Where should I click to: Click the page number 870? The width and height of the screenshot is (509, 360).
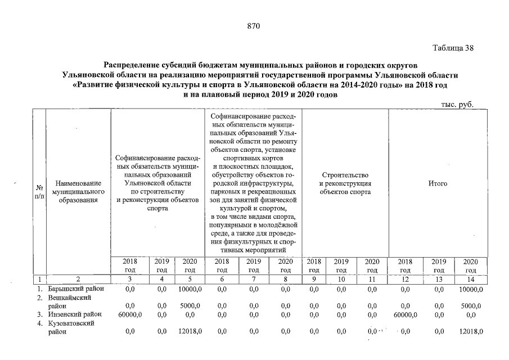(x=254, y=26)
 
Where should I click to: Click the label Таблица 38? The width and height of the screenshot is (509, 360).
(x=453, y=48)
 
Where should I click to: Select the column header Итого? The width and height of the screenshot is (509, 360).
(x=438, y=183)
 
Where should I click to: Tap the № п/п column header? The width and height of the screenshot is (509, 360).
(x=39, y=191)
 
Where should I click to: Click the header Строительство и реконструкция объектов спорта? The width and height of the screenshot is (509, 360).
(x=345, y=183)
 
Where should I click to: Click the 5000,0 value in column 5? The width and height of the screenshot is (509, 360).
(x=191, y=305)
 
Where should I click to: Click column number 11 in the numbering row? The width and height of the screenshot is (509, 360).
(x=371, y=279)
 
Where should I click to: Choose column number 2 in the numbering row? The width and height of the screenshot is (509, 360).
(x=79, y=279)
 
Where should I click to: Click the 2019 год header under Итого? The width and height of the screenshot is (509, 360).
(x=439, y=265)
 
